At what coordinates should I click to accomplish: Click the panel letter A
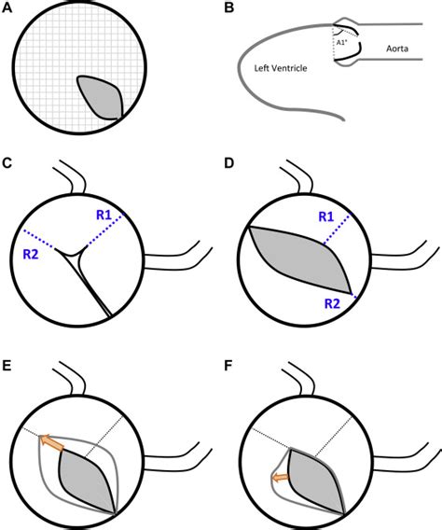click(7, 8)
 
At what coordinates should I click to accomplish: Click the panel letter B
click(230, 8)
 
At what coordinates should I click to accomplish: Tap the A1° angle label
click(342, 41)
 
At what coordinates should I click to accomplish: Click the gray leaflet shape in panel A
click(100, 97)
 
